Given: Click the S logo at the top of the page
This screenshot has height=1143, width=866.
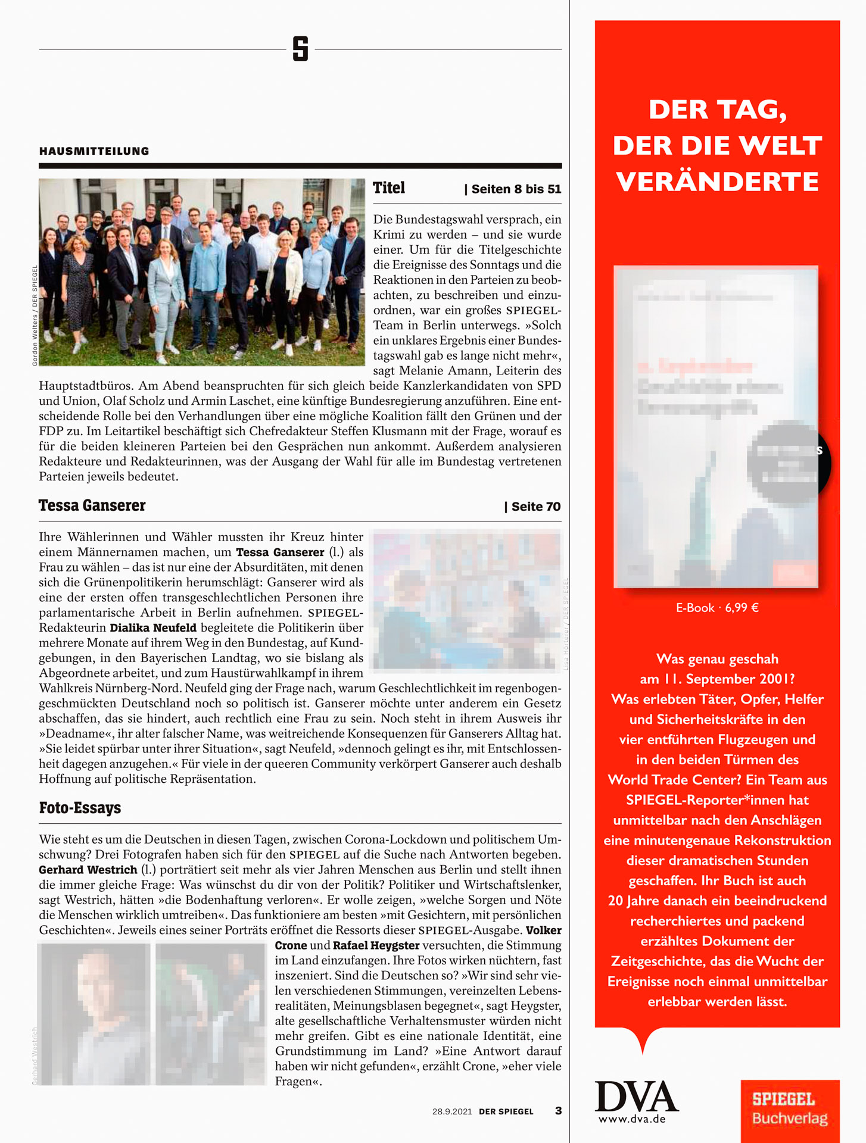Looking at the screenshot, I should click(300, 49).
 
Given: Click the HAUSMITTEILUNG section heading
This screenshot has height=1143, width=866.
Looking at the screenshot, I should click(94, 151).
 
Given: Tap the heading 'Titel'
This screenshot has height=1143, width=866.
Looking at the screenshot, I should click(388, 188).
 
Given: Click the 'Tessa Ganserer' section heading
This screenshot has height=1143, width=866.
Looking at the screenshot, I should click(92, 505).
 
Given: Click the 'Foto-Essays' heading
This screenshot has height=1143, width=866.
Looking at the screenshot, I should click(80, 808).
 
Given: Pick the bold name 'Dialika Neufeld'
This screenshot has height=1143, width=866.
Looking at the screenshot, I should click(153, 627).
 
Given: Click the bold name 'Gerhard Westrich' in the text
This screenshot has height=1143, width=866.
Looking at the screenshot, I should click(88, 870).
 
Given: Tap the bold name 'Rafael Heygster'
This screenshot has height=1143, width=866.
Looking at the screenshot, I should click(376, 945).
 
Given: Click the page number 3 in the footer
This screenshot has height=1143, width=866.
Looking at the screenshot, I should click(558, 1111).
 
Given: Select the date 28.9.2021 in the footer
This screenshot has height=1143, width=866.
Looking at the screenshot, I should click(452, 1111).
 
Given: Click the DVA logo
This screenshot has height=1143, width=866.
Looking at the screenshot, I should click(636, 1097).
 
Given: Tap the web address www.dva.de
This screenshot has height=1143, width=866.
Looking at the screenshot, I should click(632, 1119).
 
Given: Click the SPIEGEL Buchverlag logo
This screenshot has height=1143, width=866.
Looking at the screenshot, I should click(790, 1110).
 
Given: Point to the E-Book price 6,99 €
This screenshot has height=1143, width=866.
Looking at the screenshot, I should click(742, 608).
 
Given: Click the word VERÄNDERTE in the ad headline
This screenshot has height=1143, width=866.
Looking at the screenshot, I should click(717, 182).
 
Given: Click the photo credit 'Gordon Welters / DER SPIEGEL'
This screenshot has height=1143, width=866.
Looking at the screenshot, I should click(35, 316).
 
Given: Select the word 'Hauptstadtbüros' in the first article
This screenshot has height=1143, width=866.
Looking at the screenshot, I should click(86, 386).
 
